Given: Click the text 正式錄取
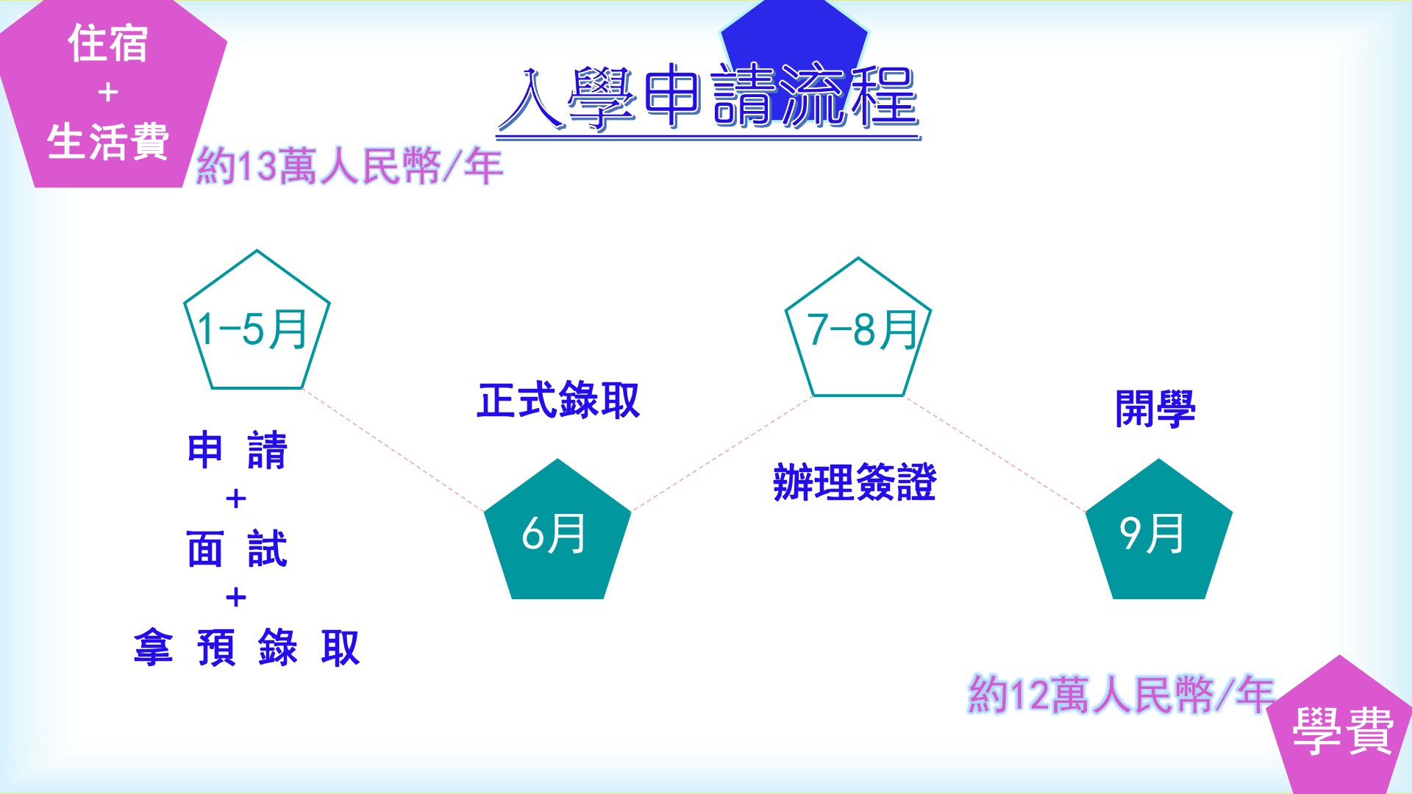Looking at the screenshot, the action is click(x=558, y=401).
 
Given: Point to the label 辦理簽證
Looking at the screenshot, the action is click(x=855, y=482).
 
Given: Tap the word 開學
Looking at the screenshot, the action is click(x=1155, y=409).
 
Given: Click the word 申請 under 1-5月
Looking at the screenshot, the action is click(x=237, y=450).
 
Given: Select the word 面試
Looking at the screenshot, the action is click(x=237, y=549).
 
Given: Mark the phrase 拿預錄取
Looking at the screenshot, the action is click(x=246, y=648).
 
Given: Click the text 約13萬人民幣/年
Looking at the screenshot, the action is click(x=349, y=166).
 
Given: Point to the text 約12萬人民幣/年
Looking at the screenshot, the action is click(x=1121, y=694).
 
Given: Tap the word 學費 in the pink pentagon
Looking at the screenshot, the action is click(x=1343, y=731).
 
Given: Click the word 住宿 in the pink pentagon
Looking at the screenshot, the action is click(x=108, y=43).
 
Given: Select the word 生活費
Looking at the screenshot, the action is click(x=108, y=141).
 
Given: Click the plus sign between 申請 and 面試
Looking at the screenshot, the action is click(x=236, y=499).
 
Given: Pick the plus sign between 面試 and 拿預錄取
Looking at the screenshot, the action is click(x=236, y=598).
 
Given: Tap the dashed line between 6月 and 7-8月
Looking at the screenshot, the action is click(x=721, y=454).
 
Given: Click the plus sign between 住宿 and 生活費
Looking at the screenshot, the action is click(x=108, y=93).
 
